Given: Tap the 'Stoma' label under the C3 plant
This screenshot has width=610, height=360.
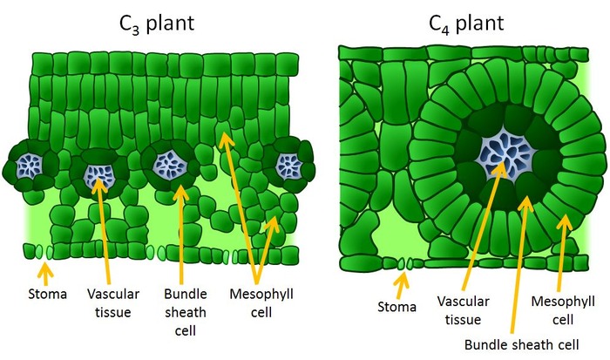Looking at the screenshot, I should [x=46, y=294].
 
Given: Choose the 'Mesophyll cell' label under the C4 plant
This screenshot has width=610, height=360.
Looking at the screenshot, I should [x=564, y=308].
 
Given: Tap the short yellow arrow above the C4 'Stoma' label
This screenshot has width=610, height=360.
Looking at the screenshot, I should [x=401, y=281].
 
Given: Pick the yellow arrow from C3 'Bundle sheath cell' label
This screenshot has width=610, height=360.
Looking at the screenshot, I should [x=179, y=231].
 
